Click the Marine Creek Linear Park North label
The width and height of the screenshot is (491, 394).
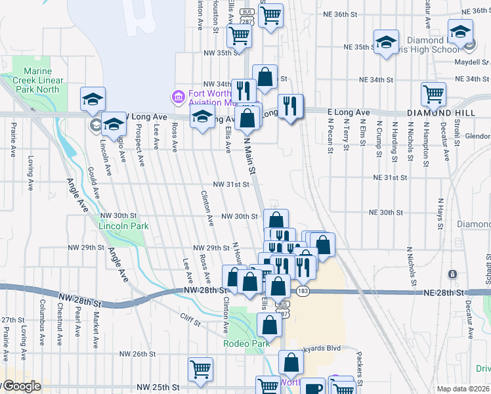click(41, 80)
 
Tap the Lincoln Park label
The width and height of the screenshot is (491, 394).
click(123, 226)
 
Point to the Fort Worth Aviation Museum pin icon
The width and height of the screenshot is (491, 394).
click(177, 97)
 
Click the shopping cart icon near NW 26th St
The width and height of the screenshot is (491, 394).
click(200, 368)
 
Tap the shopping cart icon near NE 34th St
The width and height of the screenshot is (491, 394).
click(433, 94)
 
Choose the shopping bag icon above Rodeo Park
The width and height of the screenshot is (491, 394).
click(269, 324)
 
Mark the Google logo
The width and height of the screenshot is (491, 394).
click(22, 386)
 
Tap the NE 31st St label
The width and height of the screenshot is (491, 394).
click(390, 177)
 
